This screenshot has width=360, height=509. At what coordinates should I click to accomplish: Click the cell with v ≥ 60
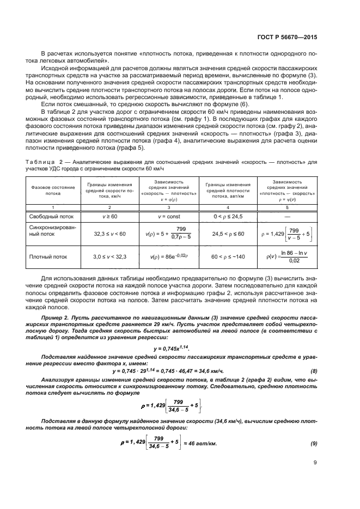point(111,216)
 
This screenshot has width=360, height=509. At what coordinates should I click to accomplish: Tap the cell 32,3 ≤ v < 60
point(111,234)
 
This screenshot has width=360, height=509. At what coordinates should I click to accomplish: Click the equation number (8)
point(314,371)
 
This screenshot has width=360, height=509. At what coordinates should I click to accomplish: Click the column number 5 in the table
point(286,207)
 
